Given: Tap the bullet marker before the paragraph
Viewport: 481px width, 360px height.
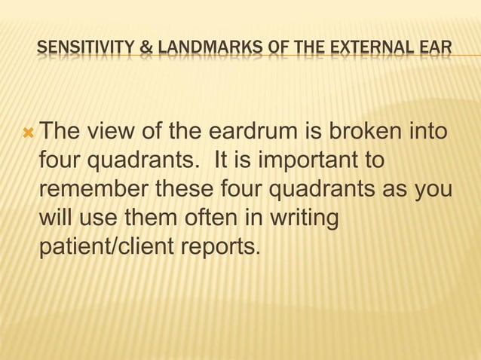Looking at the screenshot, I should click(x=29, y=134).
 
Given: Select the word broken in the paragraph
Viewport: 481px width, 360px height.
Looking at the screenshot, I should click(x=363, y=134).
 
